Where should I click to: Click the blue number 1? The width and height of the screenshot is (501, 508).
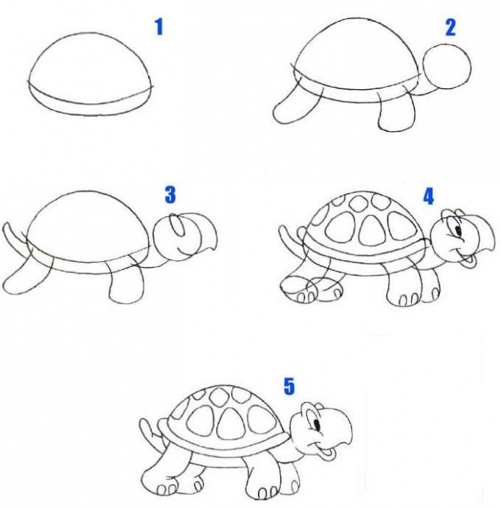[159, 27]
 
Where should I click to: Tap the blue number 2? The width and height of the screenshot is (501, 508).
[450, 27]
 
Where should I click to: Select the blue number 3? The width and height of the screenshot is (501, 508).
[170, 194]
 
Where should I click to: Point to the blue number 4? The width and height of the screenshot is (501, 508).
[429, 197]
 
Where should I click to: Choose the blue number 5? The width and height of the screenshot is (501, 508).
[289, 387]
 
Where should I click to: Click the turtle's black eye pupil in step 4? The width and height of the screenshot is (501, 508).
[458, 230]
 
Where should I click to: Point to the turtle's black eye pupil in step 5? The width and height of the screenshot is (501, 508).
[317, 424]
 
